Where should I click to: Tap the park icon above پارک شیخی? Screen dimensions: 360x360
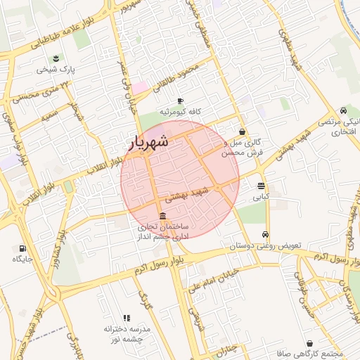pos(56,58)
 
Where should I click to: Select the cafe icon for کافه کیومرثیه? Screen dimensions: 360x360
pos(180,101)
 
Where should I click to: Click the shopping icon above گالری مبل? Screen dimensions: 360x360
pos(242,131)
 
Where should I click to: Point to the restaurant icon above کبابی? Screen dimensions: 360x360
pos(262,186)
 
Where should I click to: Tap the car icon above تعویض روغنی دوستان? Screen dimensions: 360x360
pos(265,235)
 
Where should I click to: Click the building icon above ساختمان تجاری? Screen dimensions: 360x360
pos(163,215)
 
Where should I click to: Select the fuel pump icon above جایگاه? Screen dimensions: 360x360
pos(22,248)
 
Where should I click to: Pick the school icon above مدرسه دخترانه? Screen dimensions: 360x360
pos(127,319)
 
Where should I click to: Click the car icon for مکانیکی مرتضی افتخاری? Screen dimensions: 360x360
pos(342,110)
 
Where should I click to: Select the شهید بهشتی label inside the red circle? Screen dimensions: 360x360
pos(185,195)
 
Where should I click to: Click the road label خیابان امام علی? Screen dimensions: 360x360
pos(215,277)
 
